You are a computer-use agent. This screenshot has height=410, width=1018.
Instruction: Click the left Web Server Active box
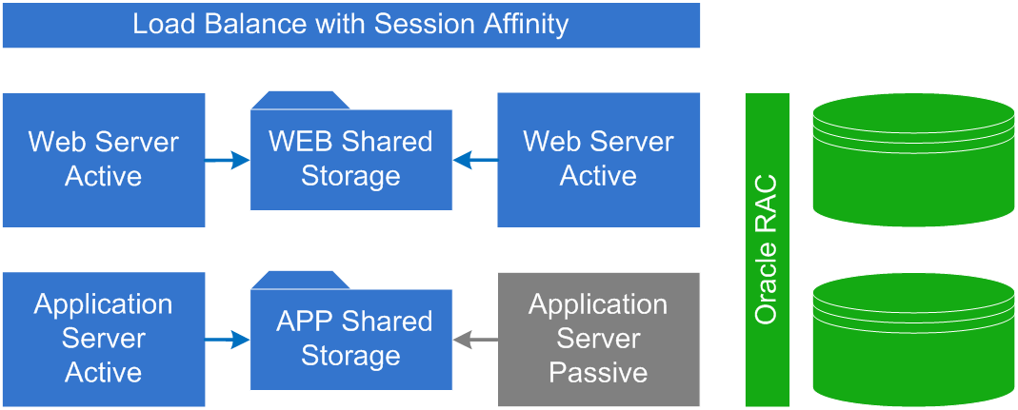click(x=103, y=160)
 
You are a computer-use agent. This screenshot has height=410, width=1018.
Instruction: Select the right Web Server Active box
click(x=598, y=160)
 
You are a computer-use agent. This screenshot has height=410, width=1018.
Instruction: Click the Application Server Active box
click(x=103, y=339)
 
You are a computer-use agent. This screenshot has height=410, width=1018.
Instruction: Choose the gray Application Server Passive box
click(x=598, y=339)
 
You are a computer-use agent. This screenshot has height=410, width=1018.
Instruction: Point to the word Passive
click(x=598, y=373)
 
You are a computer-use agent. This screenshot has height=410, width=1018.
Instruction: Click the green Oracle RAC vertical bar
click(x=767, y=249)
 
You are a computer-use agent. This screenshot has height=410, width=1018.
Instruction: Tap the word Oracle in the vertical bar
click(x=767, y=285)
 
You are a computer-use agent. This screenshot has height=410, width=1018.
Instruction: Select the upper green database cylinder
click(x=912, y=160)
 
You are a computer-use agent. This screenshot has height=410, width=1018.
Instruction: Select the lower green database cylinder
click(x=912, y=340)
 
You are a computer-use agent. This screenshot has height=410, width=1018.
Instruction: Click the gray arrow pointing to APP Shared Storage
click(x=474, y=340)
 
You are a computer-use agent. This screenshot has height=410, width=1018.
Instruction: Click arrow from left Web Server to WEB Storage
click(x=228, y=161)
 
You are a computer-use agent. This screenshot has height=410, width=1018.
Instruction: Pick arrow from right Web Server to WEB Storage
click(x=474, y=161)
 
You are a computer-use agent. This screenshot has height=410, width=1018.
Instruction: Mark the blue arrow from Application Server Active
click(x=228, y=340)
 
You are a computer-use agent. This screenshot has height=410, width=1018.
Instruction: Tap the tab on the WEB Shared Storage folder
click(x=299, y=100)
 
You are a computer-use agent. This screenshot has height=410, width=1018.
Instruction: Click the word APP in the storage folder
click(x=302, y=322)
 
